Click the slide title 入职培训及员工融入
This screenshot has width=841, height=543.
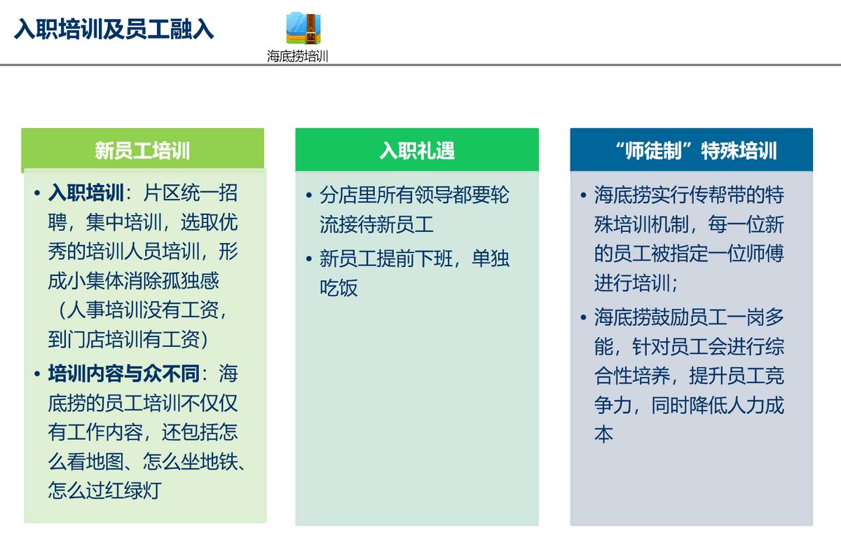click(114, 29)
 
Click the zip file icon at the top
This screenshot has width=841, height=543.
click(303, 28)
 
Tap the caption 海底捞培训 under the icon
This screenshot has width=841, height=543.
click(297, 56)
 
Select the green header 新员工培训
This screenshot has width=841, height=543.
click(142, 151)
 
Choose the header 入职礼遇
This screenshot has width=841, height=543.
click(417, 151)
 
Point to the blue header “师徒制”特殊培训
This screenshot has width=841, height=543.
click(692, 151)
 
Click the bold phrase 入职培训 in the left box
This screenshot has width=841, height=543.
click(86, 193)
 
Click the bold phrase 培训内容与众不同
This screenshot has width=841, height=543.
click(124, 373)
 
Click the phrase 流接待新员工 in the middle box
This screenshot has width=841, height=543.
click(377, 224)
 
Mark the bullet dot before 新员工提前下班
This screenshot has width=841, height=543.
click(309, 259)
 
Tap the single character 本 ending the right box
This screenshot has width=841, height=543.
click(604, 434)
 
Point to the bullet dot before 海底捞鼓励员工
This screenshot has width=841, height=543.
click(583, 317)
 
